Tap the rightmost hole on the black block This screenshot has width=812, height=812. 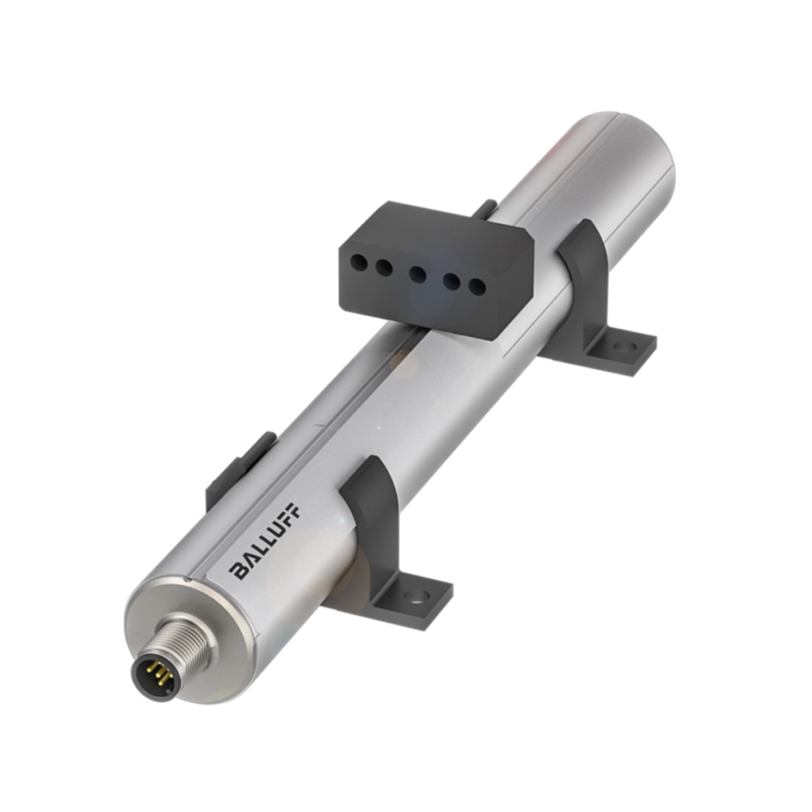[x=478, y=287]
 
